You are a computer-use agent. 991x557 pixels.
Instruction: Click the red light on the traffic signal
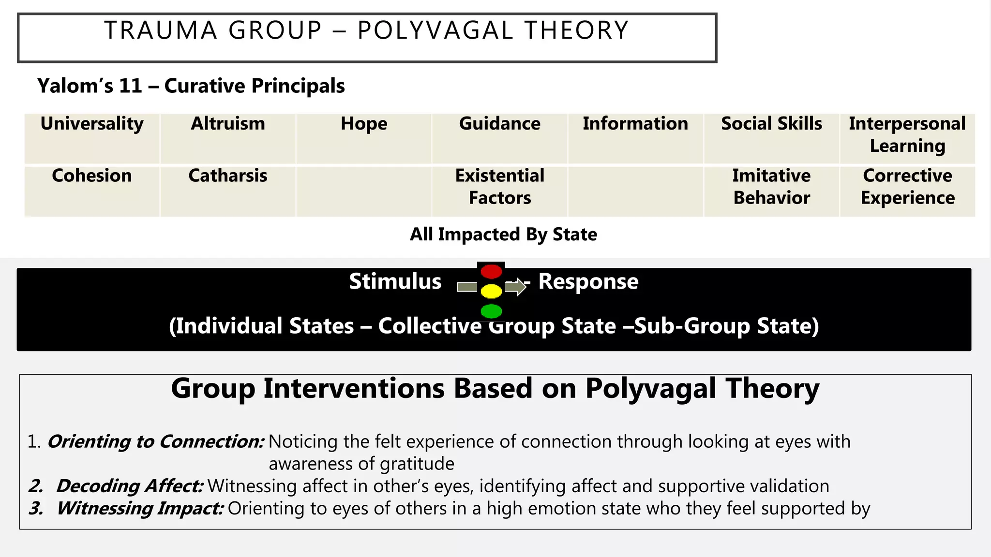[491, 272]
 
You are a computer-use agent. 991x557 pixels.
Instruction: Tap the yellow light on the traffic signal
[491, 292]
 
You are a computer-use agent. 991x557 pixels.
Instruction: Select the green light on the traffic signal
[491, 311]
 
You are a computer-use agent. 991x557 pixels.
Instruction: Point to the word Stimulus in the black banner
[395, 281]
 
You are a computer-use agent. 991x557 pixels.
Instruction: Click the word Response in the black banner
[588, 281]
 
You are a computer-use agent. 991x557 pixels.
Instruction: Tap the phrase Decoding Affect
[130, 486]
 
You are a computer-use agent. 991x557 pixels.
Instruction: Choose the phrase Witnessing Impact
[140, 508]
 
